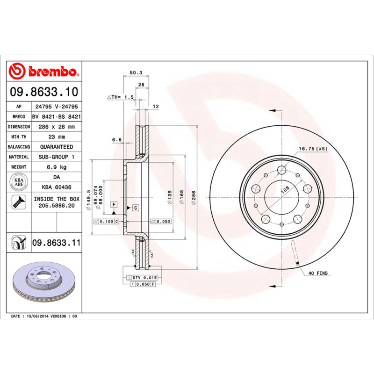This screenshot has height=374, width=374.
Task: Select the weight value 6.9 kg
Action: (x=57, y=167)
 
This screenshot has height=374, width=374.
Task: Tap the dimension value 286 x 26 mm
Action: (x=57, y=127)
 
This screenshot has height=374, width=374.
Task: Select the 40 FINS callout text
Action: (x=318, y=273)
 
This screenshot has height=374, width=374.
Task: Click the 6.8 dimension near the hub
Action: (x=116, y=139)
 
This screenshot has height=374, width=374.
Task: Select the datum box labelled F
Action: (x=113, y=204)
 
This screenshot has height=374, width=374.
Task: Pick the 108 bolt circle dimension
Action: (x=284, y=190)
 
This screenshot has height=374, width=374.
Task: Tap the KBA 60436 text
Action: (x=57, y=187)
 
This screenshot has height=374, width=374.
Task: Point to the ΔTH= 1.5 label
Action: (x=121, y=97)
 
